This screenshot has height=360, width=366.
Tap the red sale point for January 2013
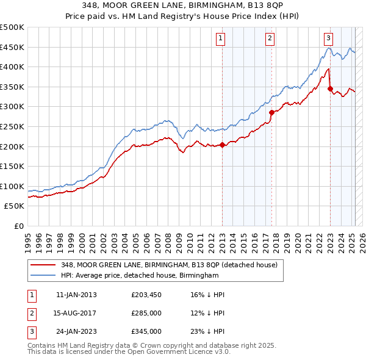click(x=222, y=145)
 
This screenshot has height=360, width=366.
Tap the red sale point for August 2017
click(x=271, y=112)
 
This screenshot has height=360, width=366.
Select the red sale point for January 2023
click(x=330, y=88)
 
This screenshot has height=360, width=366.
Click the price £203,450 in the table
click(x=146, y=295)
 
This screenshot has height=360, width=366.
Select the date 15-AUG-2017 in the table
click(x=76, y=313)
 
